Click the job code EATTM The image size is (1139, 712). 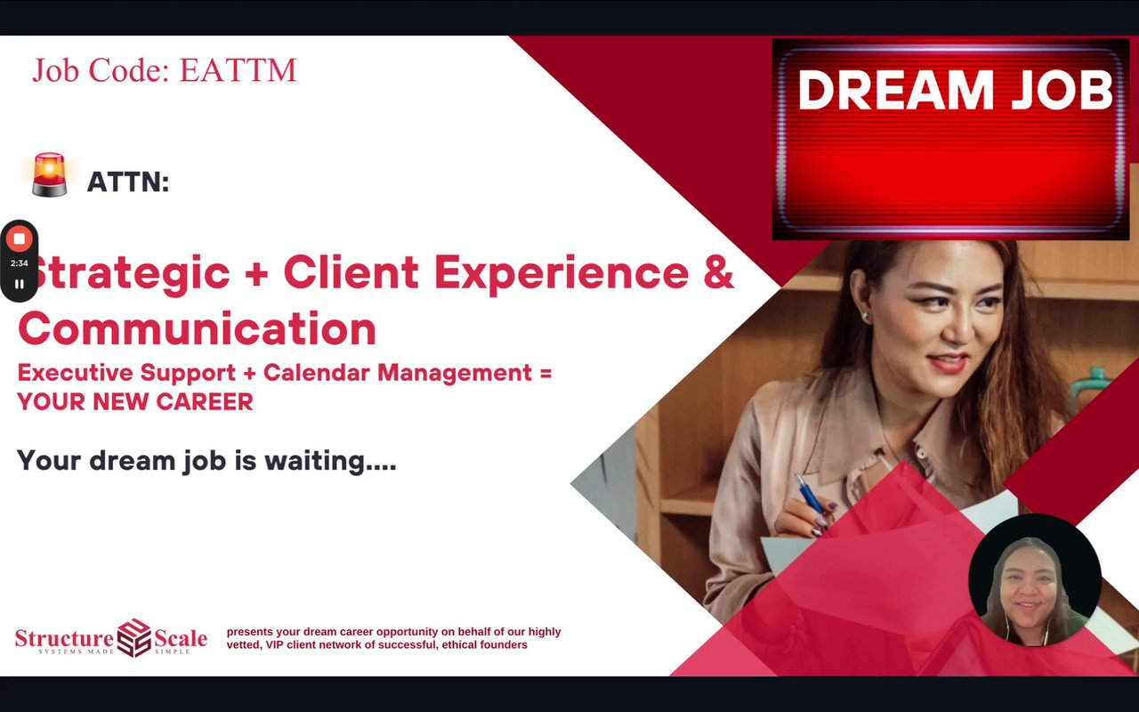[238, 70]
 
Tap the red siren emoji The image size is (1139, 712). [49, 174]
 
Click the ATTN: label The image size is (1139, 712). [128, 182]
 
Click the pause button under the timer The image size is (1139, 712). [20, 284]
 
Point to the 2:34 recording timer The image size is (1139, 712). [20, 263]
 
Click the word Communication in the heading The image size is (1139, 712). [198, 328]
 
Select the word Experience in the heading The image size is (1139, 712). [561, 275]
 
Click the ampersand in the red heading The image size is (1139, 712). [719, 272]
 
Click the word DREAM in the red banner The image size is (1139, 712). [896, 90]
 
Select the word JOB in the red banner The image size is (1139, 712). [1062, 90]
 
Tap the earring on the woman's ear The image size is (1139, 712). [866, 316]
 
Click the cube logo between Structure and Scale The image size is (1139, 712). [134, 638]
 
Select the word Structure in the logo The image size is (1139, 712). [65, 638]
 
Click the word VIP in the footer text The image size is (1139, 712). [275, 645]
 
